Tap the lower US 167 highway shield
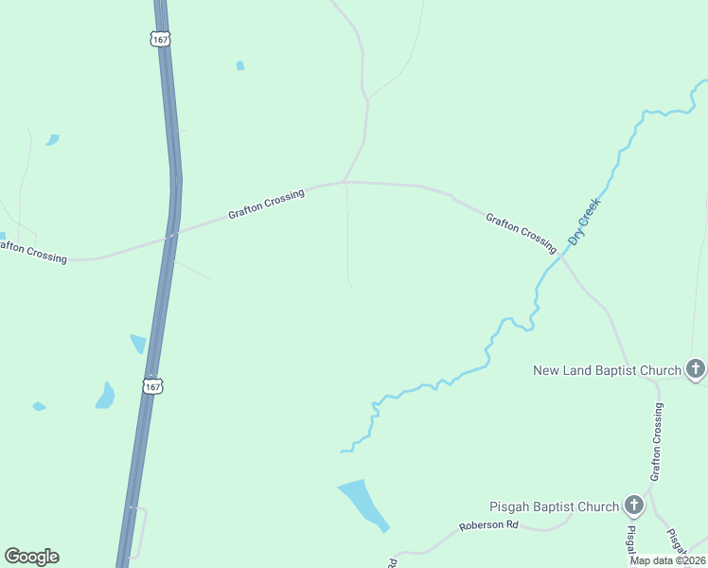point(153,385)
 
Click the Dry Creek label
point(585,222)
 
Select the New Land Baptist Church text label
point(608,370)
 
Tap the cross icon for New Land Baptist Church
point(696,369)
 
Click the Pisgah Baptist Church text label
point(554,506)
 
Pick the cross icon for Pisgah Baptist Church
point(633,506)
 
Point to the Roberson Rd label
point(489,525)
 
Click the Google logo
point(31,557)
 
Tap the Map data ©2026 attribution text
point(668,560)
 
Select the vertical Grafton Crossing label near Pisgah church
point(656,444)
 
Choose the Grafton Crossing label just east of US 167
point(266,204)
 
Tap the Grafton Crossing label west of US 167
point(30,252)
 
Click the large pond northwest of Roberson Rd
point(363,502)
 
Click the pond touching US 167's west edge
point(139,344)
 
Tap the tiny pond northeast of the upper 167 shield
point(240,66)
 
